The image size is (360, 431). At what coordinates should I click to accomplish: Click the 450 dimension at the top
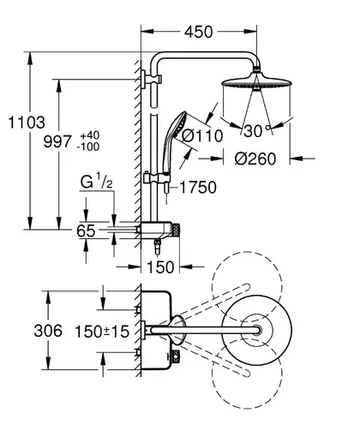pyautogui.click(x=199, y=32)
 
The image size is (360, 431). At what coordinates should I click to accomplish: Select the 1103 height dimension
pyautogui.click(x=27, y=123)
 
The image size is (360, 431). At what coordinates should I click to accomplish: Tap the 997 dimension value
pyautogui.click(x=57, y=141)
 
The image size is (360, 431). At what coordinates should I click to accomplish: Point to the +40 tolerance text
pyautogui.click(x=89, y=135)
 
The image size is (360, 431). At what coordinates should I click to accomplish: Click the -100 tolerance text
pyautogui.click(x=88, y=147)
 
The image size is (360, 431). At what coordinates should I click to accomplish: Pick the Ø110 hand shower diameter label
pyautogui.click(x=202, y=135)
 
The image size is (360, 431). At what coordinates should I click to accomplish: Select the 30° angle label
pyautogui.click(x=257, y=131)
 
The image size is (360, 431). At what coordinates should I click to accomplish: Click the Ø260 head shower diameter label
pyautogui.click(x=255, y=159)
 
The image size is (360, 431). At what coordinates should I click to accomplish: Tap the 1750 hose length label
pyautogui.click(x=198, y=188)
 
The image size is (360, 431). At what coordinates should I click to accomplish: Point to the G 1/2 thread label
pyautogui.click(x=96, y=183)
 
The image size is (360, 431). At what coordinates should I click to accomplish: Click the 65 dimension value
pyautogui.click(x=86, y=230)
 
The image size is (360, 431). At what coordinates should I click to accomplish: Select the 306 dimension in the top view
pyautogui.click(x=48, y=331)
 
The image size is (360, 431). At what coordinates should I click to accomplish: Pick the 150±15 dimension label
pyautogui.click(x=102, y=332)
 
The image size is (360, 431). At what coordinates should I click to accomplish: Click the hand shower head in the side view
pyautogui.click(x=180, y=125)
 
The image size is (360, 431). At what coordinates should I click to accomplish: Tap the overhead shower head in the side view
pyautogui.click(x=256, y=81)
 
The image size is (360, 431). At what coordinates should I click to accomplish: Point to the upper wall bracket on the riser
pyautogui.click(x=152, y=80)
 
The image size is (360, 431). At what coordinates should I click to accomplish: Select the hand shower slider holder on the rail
pyautogui.click(x=157, y=179)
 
